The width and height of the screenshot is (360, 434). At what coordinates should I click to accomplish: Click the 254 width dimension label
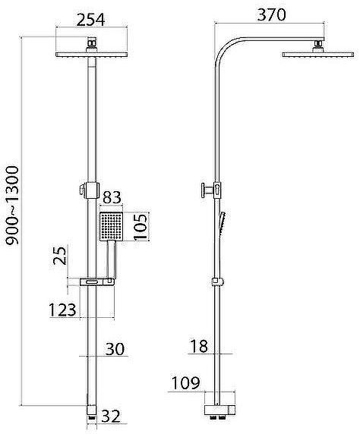[x=90, y=20]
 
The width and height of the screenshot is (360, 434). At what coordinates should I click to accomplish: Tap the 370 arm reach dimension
[x=271, y=15]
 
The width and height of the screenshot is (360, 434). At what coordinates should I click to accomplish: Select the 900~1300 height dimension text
[x=12, y=206]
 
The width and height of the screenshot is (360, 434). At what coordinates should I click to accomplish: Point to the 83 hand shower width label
[x=112, y=197]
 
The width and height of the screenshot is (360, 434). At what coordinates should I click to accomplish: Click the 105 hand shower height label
[x=141, y=227]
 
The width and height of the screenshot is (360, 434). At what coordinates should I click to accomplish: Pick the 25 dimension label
[x=60, y=255]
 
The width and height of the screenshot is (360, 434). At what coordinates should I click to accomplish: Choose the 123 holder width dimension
[x=62, y=310]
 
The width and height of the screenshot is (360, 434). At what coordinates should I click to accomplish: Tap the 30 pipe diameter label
[x=115, y=349]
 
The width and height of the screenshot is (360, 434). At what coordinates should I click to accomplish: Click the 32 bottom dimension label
[x=111, y=417]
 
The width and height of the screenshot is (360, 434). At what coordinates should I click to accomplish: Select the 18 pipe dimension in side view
[x=199, y=346]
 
